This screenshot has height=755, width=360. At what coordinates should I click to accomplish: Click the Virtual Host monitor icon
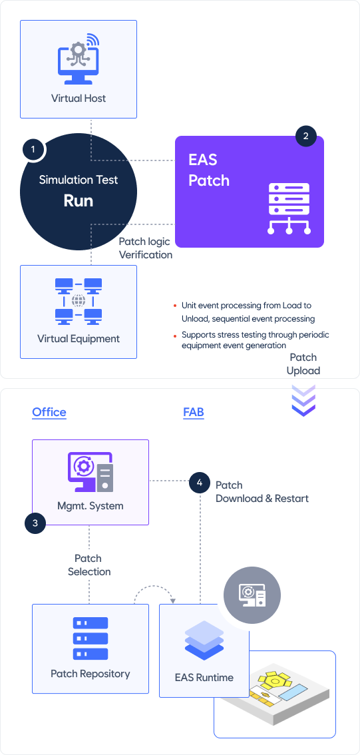(x=77, y=59)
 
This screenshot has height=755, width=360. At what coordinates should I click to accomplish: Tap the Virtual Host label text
(x=79, y=99)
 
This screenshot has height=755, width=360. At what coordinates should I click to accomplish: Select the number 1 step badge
(x=33, y=149)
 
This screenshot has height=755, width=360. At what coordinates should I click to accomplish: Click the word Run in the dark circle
(x=79, y=201)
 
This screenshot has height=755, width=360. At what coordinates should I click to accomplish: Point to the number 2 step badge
(x=306, y=136)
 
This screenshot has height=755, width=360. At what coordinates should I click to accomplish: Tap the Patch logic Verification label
(x=145, y=248)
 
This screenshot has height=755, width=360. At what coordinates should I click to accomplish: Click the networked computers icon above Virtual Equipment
(x=79, y=301)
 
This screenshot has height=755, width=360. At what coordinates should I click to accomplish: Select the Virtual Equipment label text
(x=79, y=338)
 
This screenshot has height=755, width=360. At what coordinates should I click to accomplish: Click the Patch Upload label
(x=303, y=364)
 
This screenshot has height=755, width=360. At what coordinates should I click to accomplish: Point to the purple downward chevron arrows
(x=303, y=400)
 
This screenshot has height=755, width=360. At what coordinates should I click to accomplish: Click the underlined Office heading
(x=49, y=412)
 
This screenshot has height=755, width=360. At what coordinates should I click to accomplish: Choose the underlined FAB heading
(x=194, y=412)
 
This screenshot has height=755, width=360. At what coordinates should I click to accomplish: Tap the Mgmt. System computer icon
(x=90, y=472)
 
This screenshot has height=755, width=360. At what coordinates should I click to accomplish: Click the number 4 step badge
(x=200, y=483)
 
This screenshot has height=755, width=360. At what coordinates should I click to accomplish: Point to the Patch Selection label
(x=89, y=565)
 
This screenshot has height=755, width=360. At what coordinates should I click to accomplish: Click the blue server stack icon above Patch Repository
(x=90, y=638)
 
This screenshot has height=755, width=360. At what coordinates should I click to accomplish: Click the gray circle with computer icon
(x=253, y=596)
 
